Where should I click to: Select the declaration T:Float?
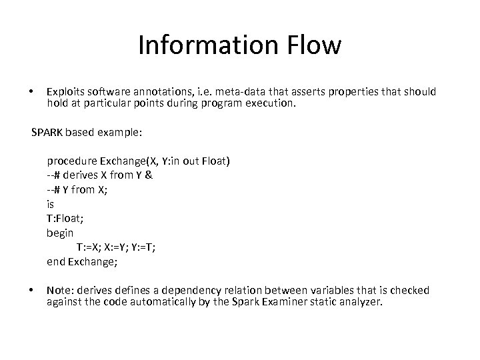(65, 219)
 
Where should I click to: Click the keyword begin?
(60, 233)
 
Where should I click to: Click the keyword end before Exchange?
(55, 262)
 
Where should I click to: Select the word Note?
(59, 291)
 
